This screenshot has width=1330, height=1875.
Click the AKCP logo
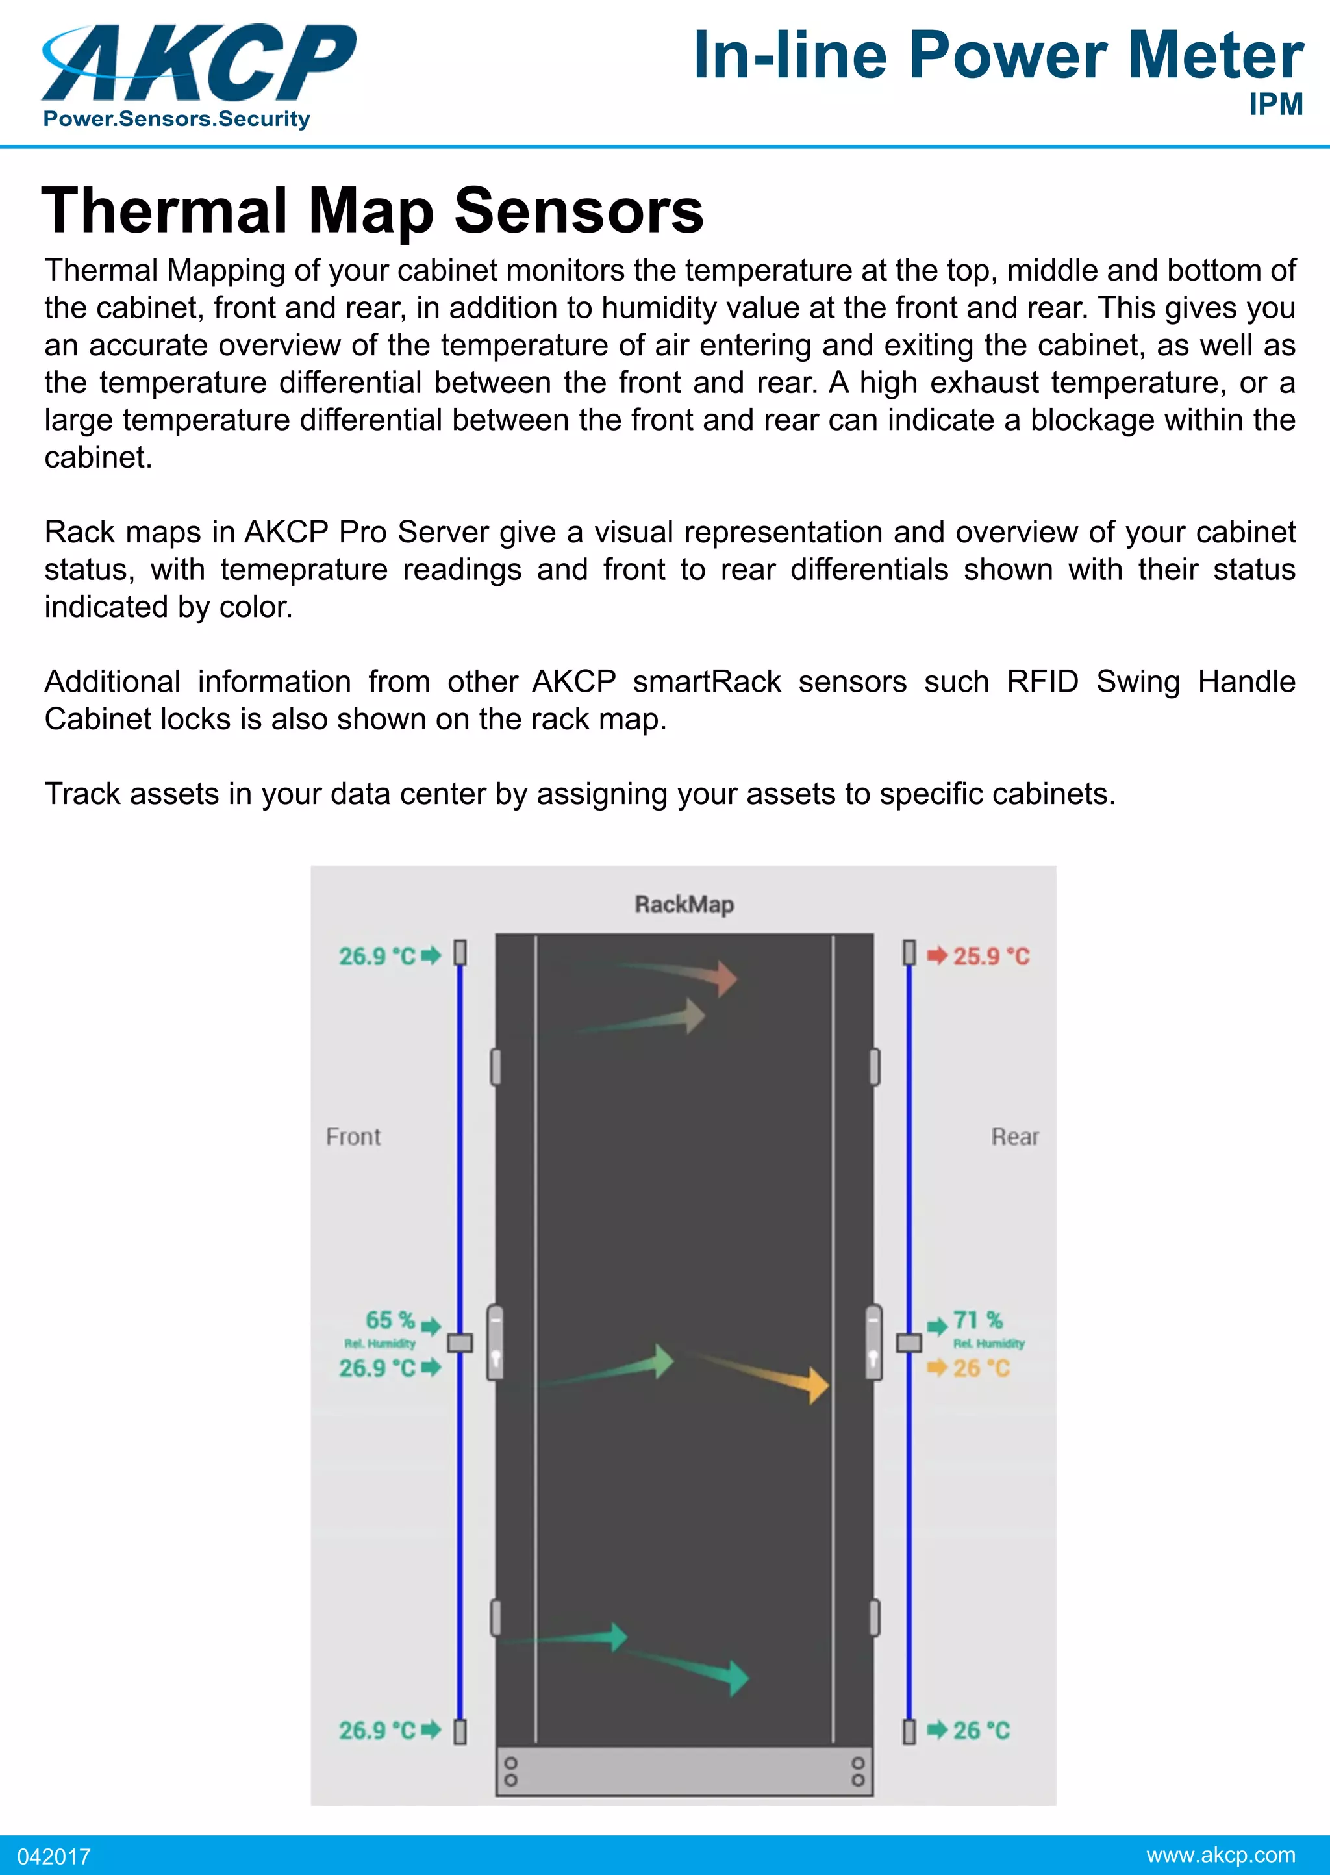pos(199,64)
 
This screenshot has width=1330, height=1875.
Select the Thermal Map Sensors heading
pos(373,210)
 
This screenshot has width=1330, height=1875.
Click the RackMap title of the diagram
pos(684,905)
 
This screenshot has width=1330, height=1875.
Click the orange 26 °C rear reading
pos(981,1368)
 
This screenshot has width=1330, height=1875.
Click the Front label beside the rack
pos(353,1137)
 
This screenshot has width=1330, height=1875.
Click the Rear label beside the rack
pos(1014,1137)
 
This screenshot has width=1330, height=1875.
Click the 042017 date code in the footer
pos(54,1856)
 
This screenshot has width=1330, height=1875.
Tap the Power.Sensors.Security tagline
pos(177,120)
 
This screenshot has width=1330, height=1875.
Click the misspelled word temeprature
pos(304,570)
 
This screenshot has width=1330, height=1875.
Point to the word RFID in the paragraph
pos(1042,682)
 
